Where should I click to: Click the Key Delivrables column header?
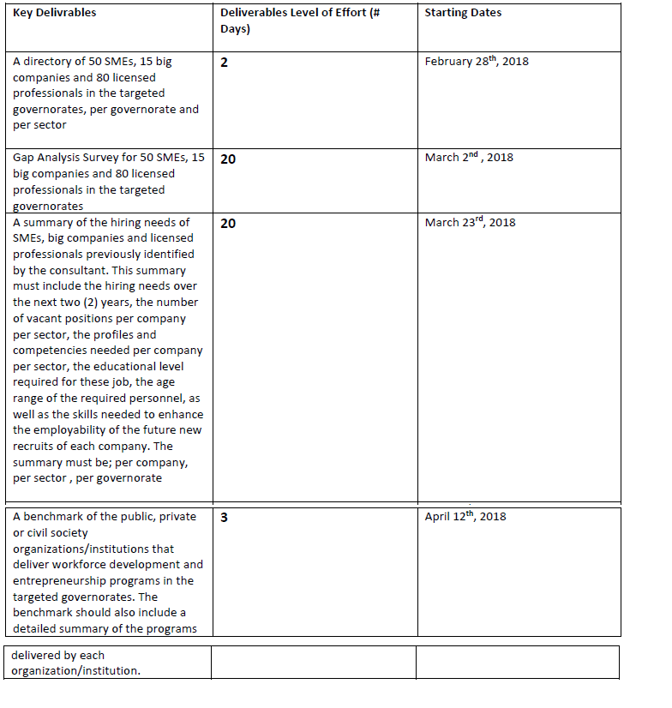55,13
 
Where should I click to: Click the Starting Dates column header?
463,13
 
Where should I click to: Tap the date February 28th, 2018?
477,62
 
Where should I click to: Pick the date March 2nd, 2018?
469,158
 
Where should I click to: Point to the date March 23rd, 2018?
470,223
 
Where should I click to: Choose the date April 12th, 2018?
465,517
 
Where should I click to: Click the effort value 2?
224,63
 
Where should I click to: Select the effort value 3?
224,518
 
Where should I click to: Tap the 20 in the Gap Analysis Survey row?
228,159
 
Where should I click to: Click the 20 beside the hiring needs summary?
228,224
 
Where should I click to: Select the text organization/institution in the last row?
75,670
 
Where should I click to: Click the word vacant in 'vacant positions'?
42,319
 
